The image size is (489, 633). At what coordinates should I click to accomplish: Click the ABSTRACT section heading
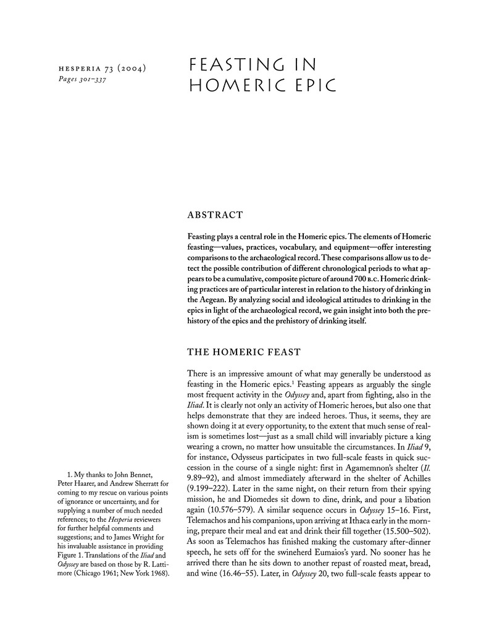[x=215, y=215]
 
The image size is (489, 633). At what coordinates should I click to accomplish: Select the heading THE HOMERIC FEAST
[x=244, y=352]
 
